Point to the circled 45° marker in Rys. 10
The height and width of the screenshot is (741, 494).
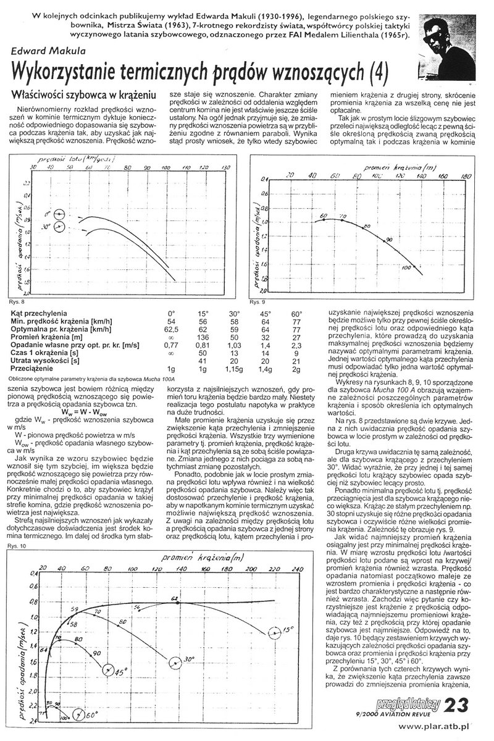(110, 671)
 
